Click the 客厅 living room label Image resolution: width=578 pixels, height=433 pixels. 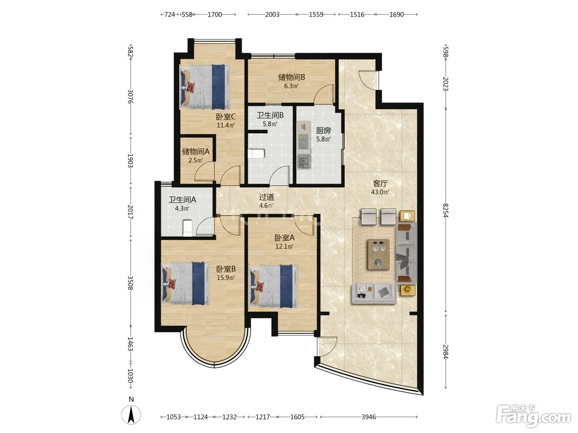tap(380, 183)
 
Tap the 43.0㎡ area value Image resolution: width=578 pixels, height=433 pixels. tap(380, 192)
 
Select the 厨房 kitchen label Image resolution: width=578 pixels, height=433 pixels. tap(323, 130)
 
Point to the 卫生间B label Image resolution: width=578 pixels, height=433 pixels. tap(270, 115)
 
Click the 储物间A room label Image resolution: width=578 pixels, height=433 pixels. tap(196, 151)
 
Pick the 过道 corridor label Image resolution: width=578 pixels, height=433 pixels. tap(266, 197)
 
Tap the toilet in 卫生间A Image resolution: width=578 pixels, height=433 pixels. tap(187, 228)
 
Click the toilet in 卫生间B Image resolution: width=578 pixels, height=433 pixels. tap(256, 153)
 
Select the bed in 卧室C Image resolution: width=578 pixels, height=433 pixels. tap(205, 87)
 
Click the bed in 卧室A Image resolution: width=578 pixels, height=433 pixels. tap(273, 286)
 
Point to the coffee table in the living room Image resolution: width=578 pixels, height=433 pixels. tap(379, 254)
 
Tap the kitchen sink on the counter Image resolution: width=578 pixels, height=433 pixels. tap(304, 161)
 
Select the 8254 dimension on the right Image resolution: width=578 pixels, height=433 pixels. tap(445, 211)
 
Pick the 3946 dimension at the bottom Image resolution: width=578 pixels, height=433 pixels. tap(369, 417)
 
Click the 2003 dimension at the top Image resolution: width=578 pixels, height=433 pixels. tap(272, 14)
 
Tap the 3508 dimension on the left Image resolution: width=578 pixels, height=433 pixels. tap(130, 283)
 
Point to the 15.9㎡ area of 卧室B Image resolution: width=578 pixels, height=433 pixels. tap(226, 278)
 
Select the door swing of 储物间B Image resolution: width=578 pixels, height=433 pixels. tap(324, 94)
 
